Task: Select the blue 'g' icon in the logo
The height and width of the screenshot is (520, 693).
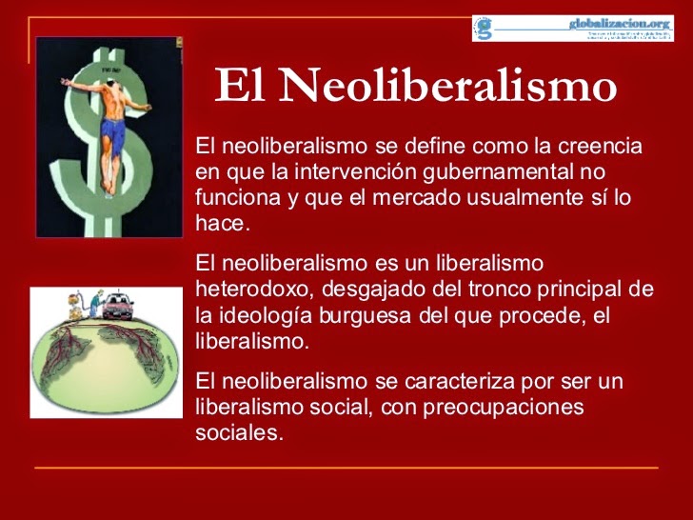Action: [x=485, y=28]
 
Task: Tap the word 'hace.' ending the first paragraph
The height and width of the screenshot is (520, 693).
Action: [x=222, y=224]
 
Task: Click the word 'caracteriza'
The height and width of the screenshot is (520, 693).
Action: [x=428, y=381]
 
